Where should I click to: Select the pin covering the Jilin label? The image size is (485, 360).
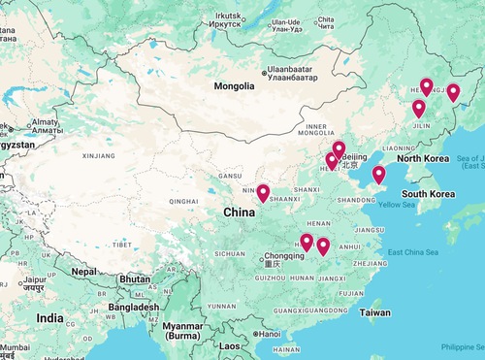tap(419, 110)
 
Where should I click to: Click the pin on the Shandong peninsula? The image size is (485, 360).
tap(378, 176)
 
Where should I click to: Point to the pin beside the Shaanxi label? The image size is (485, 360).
tap(263, 193)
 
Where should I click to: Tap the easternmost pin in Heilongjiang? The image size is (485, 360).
tap(453, 93)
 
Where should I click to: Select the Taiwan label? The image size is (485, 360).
tap(374, 312)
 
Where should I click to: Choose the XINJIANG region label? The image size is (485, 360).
tap(99, 154)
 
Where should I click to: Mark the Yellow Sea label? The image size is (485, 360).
tap(396, 205)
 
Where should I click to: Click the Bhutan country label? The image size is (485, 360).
tap(133, 278)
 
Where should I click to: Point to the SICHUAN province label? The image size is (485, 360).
tap(230, 252)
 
